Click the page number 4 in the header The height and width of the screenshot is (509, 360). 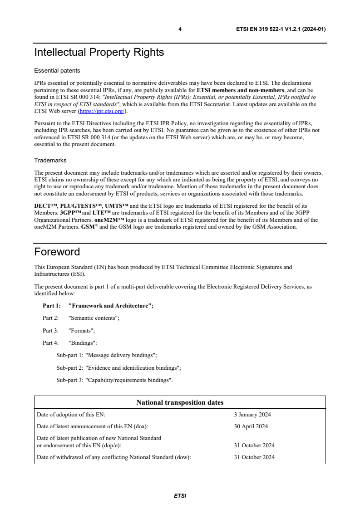180,29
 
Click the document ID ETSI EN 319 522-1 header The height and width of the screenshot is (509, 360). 281,29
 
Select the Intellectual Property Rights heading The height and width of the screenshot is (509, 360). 99,53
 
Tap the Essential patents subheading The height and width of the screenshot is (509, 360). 57,71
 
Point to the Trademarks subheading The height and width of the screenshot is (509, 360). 50,160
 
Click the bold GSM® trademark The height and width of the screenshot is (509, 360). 89,227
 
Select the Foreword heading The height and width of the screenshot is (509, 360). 57,252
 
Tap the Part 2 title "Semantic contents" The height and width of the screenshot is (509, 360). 94,318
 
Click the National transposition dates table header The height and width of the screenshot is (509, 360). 180,402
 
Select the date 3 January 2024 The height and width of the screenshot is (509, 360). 252,415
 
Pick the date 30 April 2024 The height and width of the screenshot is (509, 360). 251,426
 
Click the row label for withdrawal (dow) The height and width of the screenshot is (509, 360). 113,457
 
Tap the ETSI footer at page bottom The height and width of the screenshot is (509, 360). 180,496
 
